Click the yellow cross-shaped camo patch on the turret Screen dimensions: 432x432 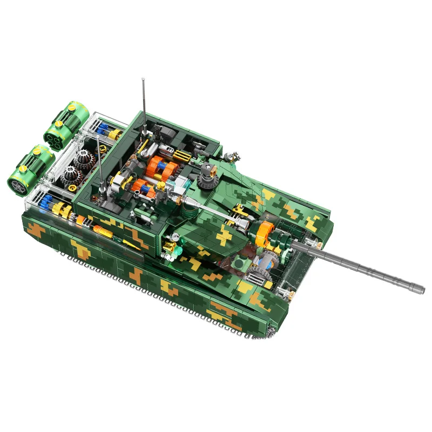(225, 234)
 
